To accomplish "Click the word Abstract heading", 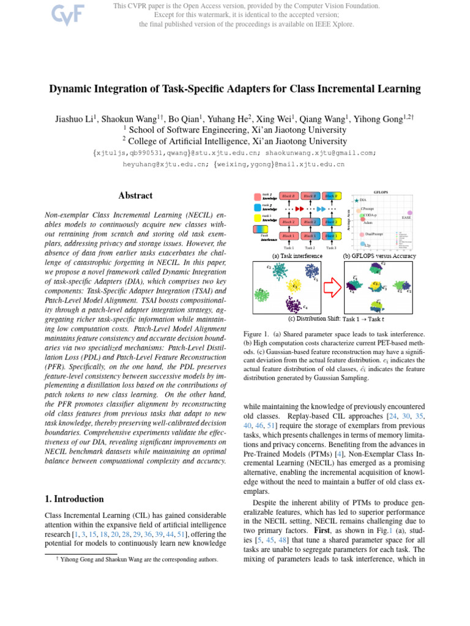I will [x=135, y=196].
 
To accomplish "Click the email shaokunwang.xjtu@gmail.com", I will [x=321, y=153].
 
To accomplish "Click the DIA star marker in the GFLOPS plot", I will [x=356, y=200].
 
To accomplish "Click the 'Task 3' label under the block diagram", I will [x=331, y=248].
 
